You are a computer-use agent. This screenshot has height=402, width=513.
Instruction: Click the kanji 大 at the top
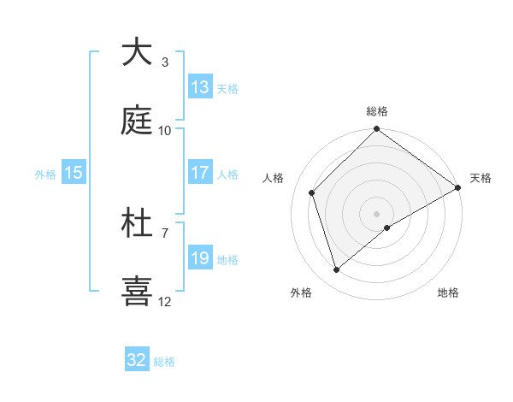coord(137,52)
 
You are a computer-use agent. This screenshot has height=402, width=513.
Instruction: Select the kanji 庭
coord(137,121)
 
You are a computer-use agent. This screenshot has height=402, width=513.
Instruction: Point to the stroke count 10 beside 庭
coord(165,130)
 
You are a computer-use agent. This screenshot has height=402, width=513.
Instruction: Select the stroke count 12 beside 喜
coord(165,301)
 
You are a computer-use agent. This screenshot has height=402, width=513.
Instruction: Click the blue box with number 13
coord(200,87)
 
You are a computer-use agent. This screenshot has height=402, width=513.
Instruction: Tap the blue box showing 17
coord(200,173)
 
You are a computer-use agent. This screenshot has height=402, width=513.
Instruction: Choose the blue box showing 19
coord(200,258)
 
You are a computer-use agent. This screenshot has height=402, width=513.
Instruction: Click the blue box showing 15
coord(74,173)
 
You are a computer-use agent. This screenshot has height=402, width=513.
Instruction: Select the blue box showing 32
coord(137,360)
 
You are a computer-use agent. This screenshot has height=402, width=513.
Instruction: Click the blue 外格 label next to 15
coord(45,174)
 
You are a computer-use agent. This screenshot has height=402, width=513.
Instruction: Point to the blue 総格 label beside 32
coord(164,362)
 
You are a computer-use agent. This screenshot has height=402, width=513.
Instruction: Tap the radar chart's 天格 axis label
coord(481,178)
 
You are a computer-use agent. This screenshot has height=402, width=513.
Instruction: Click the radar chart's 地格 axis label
coord(448,293)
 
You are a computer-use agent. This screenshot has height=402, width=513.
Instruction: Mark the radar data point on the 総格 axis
coord(377,130)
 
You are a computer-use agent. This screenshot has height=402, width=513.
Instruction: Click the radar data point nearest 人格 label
coord(312,192)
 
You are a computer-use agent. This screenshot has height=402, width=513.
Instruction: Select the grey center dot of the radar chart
coord(377,213)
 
